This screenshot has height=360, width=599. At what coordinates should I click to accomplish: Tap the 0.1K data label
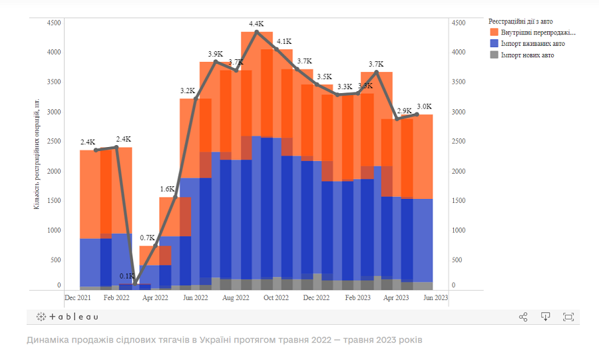126,276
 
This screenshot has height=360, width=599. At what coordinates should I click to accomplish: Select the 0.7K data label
147,238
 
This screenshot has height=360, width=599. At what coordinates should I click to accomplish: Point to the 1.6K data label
168,189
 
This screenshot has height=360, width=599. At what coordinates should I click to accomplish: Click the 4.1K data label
284,41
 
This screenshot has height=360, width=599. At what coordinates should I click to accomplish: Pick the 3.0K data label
424,106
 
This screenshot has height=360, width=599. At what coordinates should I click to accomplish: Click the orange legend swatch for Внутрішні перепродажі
494,32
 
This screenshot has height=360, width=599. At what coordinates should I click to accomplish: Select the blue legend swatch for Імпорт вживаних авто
494,43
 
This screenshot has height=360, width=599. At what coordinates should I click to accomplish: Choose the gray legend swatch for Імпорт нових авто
494,55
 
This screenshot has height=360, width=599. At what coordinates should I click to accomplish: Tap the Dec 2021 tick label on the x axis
77,297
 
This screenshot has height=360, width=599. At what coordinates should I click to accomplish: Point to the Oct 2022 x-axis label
276,297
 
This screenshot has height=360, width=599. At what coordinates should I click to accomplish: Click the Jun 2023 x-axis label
435,297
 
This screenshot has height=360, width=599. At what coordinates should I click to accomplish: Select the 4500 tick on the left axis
54,23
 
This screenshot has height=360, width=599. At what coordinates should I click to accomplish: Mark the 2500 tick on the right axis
459,142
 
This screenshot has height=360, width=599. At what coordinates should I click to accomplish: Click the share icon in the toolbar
523,317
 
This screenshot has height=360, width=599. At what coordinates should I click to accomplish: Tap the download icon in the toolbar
546,317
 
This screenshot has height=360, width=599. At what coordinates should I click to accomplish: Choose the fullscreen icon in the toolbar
568,317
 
